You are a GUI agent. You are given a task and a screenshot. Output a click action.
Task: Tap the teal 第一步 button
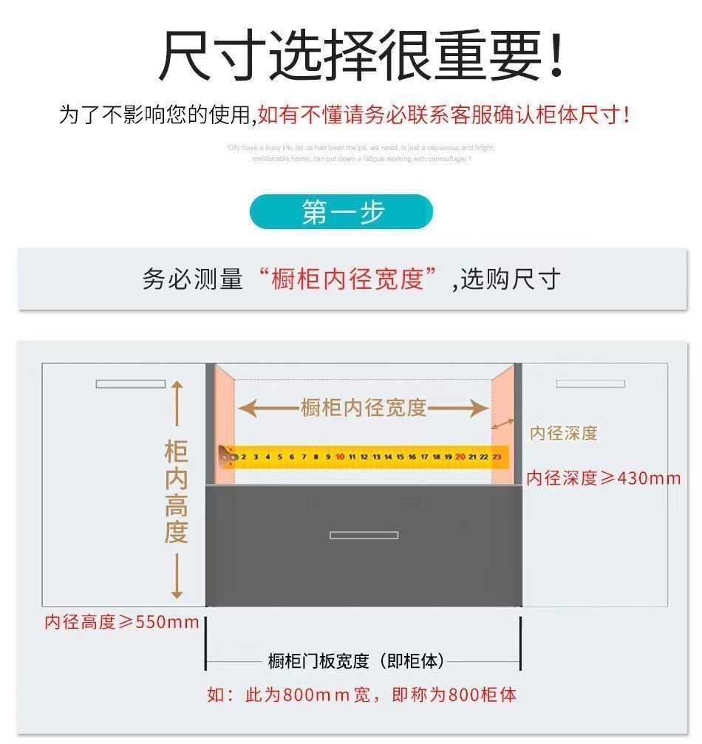click(341, 212)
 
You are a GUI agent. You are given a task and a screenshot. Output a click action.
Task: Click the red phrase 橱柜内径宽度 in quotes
click(347, 279)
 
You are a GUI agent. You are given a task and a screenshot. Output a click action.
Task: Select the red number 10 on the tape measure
click(340, 457)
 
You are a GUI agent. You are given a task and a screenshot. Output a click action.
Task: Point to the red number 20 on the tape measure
click(460, 457)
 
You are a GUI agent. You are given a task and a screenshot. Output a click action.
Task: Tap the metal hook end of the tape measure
click(229, 457)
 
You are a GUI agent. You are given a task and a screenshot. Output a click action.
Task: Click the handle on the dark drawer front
click(364, 535)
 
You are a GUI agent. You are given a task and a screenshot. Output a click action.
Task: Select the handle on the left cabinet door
click(131, 383)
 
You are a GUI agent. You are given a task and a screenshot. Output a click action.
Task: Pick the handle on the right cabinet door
click(590, 383)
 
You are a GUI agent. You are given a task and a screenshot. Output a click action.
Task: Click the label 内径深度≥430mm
click(603, 478)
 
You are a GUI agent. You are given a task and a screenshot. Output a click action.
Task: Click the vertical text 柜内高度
click(176, 492)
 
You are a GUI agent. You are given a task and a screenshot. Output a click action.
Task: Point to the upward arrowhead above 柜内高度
click(177, 386)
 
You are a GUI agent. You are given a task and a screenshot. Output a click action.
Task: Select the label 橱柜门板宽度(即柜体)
click(357, 661)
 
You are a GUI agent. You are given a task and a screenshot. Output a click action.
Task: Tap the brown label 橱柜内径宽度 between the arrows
click(364, 407)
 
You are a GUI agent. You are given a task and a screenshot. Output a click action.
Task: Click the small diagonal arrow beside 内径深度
click(506, 424)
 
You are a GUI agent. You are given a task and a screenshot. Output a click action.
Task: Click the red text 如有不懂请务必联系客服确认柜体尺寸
click(443, 115)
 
